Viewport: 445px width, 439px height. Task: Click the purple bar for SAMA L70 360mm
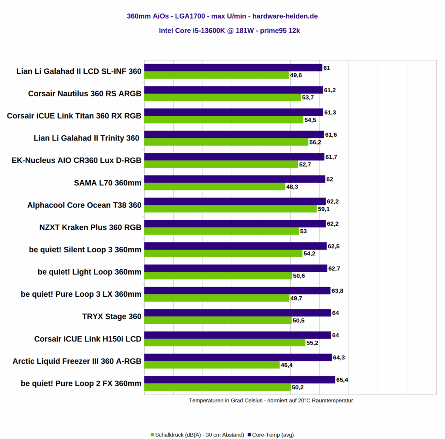pyautogui.click(x=235, y=179)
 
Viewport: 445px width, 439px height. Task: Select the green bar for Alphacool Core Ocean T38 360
pyautogui.click(x=230, y=209)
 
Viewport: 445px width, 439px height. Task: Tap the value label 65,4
pyautogui.click(x=342, y=380)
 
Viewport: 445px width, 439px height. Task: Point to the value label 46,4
pyautogui.click(x=287, y=365)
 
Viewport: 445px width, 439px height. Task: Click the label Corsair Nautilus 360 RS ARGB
pyautogui.click(x=85, y=94)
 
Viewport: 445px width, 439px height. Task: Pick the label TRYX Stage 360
pyautogui.click(x=112, y=316)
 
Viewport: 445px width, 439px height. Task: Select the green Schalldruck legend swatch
pyautogui.click(x=153, y=435)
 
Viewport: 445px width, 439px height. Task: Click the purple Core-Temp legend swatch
pyautogui.click(x=249, y=435)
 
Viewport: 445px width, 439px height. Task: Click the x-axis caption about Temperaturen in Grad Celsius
pyautogui.click(x=271, y=400)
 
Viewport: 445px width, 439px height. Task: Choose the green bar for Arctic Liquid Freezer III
pyautogui.click(x=212, y=365)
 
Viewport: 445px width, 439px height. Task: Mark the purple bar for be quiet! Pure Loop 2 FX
pyautogui.click(x=239, y=380)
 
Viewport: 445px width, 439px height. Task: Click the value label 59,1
pyautogui.click(x=324, y=209)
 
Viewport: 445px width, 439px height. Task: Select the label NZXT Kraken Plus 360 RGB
pyautogui.click(x=90, y=227)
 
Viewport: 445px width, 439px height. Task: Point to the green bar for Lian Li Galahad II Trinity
pyautogui.click(x=226, y=142)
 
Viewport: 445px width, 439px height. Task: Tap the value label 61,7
pyautogui.click(x=332, y=157)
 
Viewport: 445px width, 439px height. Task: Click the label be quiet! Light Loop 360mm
pyautogui.click(x=90, y=272)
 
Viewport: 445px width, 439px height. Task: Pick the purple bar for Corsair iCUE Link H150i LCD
pyautogui.click(x=237, y=335)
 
